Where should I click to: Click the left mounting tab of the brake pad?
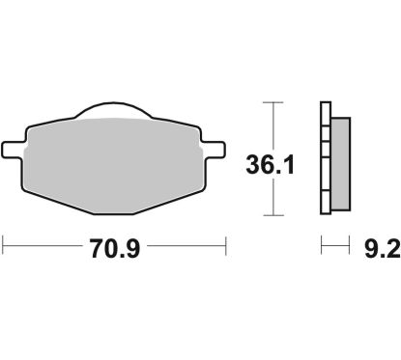point(13,149)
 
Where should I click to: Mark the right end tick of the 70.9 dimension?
point(225,249)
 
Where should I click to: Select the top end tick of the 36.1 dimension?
point(274,100)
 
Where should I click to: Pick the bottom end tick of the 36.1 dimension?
point(274,215)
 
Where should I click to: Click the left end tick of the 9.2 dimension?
point(322,249)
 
